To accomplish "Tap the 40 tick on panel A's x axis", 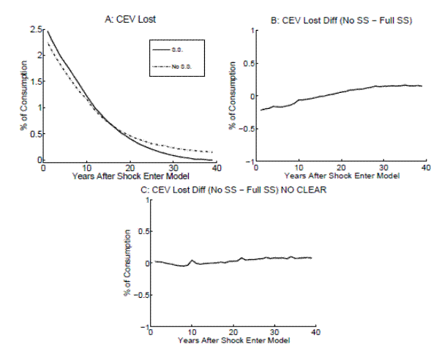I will click(217, 168).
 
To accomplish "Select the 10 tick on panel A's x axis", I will click(87, 168).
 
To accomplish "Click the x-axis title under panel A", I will click(131, 176).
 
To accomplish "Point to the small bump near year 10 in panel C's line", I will click(192, 260).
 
